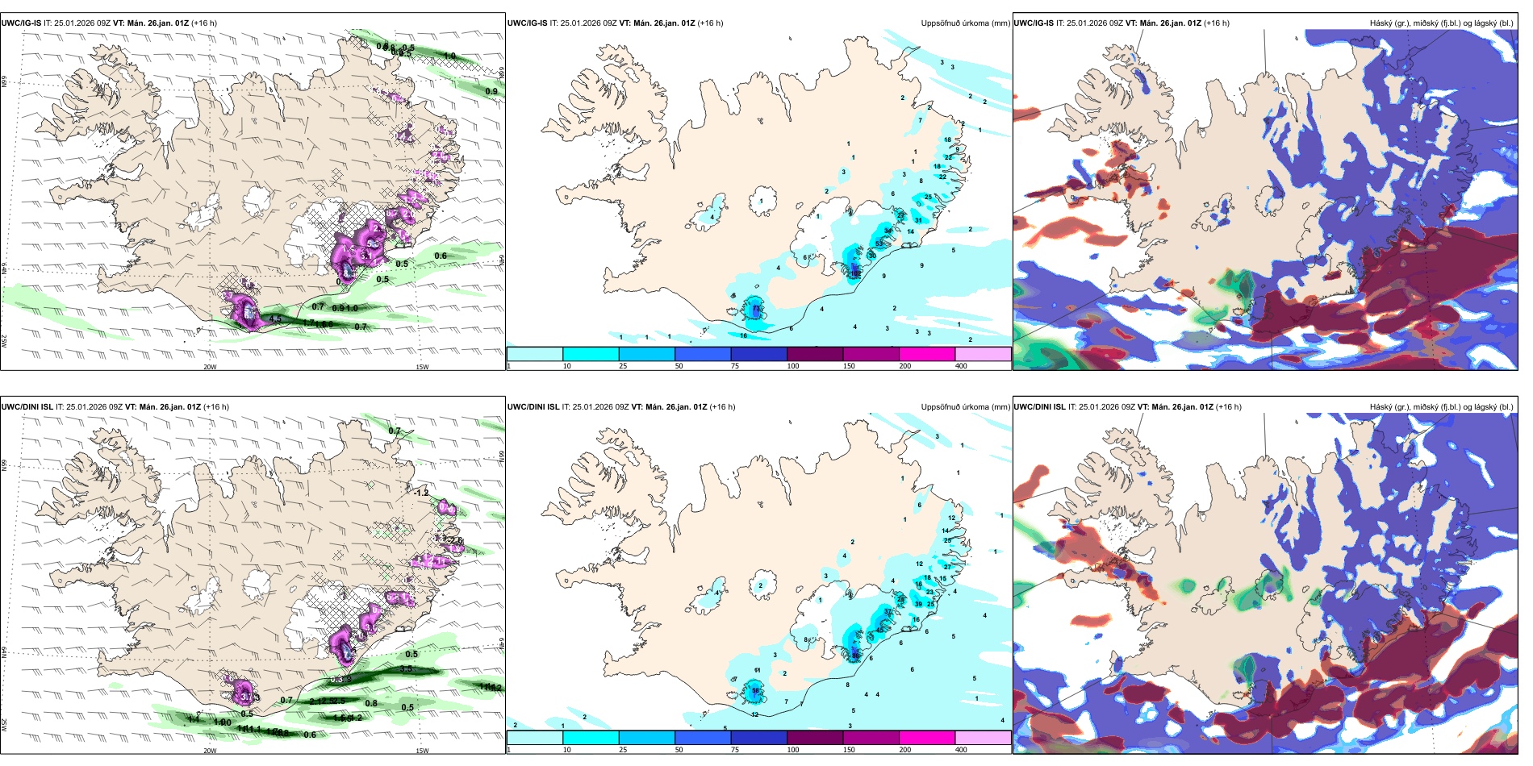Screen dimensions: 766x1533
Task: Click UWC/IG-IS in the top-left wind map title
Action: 21,23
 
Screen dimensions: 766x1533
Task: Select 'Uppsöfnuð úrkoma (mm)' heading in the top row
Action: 965,23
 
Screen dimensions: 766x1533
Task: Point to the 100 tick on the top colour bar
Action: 793,366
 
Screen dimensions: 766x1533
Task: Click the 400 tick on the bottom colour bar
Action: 961,750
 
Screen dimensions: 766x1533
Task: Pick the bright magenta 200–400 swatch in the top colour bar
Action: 926,353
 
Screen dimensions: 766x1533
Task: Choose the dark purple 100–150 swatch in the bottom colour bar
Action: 815,737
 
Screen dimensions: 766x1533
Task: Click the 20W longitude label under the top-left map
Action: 210,367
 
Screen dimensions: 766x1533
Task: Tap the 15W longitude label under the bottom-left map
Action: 422,751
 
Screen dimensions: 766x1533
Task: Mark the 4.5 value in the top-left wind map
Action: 275,319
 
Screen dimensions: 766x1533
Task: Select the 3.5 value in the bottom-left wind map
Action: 407,668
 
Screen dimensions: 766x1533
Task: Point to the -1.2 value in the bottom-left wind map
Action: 421,493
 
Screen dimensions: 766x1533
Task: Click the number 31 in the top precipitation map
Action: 918,221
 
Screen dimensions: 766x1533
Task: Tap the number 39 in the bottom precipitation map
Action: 918,604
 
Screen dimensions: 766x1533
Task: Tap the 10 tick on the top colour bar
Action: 566,366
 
